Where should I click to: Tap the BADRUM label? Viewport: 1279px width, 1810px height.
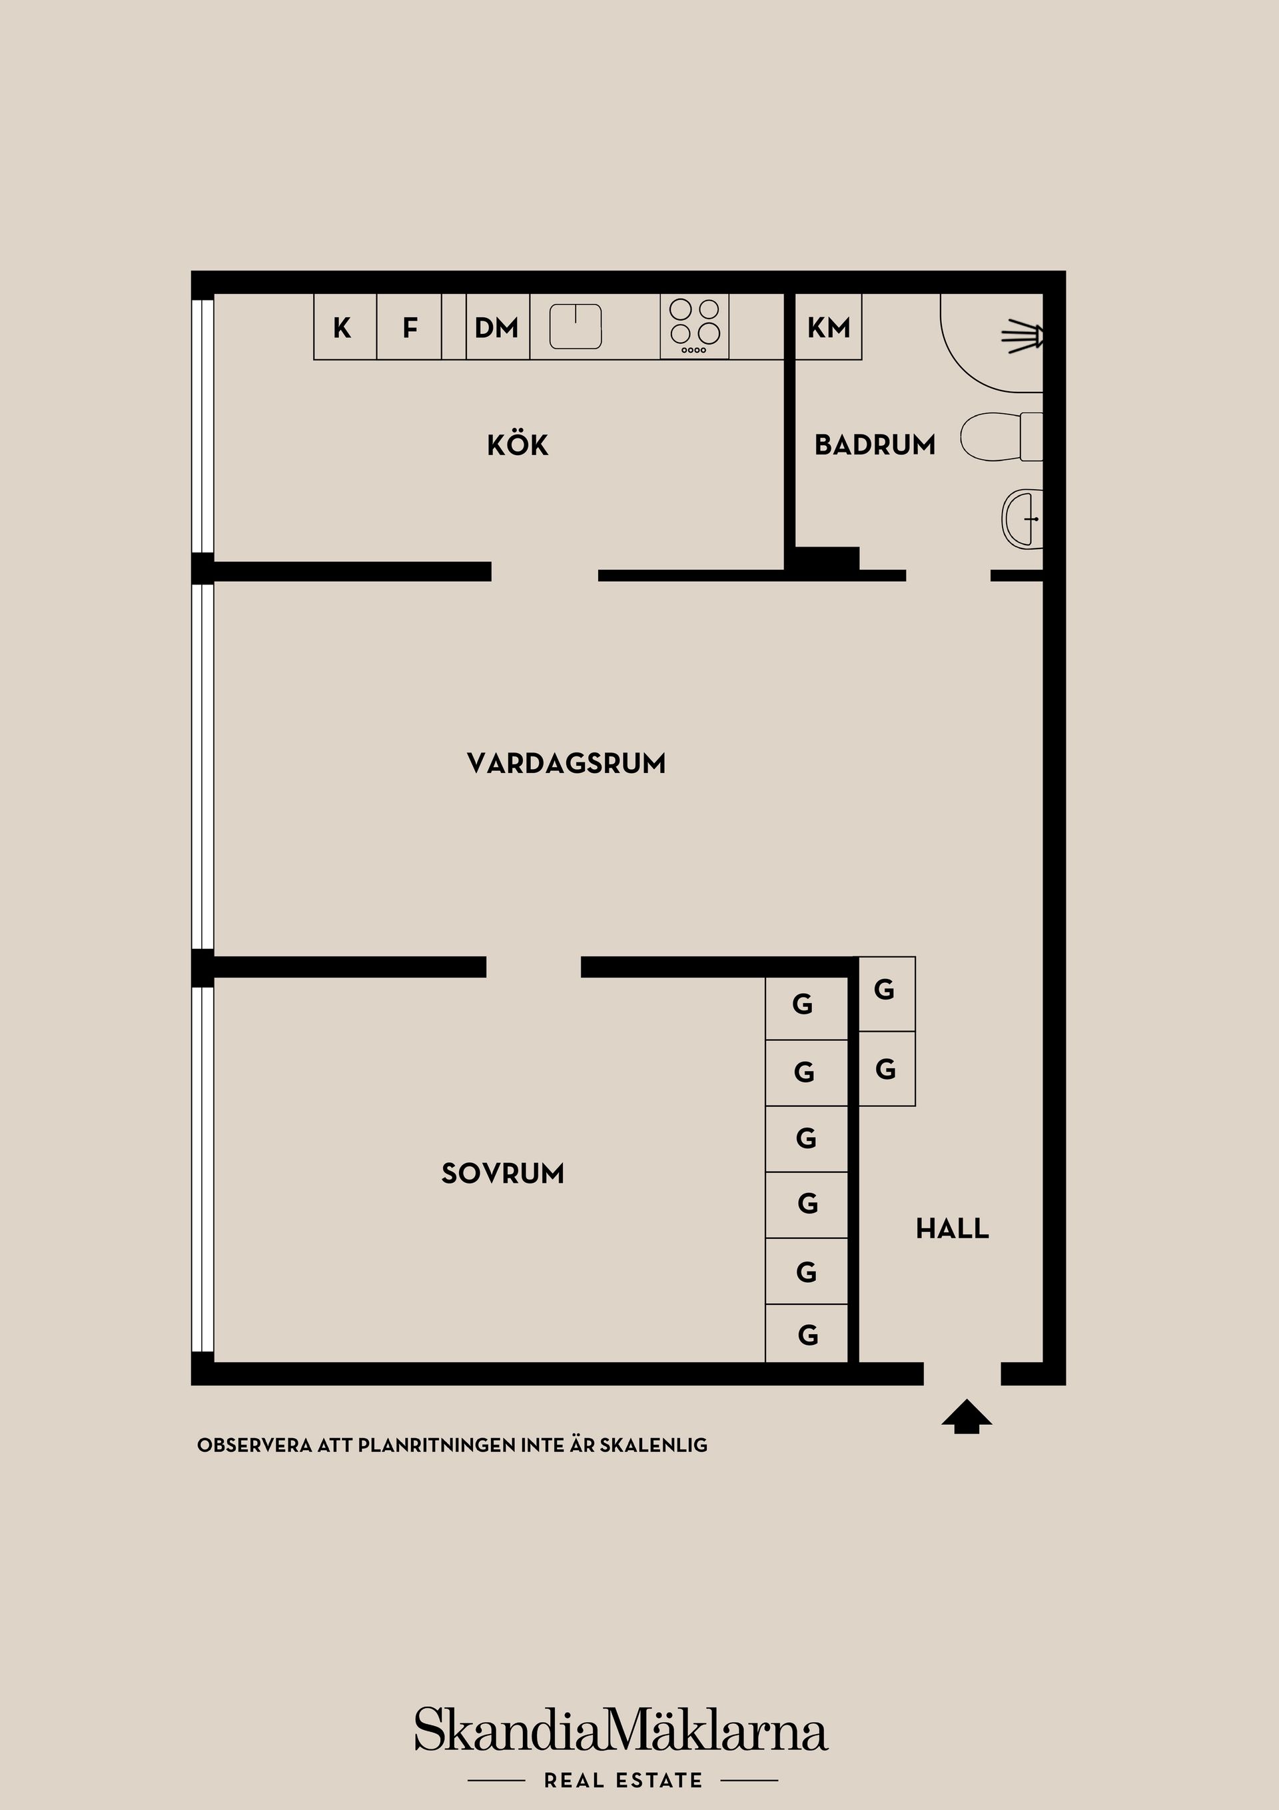pyautogui.click(x=875, y=445)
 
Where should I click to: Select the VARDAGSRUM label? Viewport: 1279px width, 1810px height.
pyautogui.click(x=566, y=763)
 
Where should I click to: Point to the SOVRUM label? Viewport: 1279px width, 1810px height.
pyautogui.click(x=503, y=1174)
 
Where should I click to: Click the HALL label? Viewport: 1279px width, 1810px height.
pyautogui.click(x=952, y=1229)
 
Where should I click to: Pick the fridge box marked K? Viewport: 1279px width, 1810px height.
pyautogui.click(x=345, y=327)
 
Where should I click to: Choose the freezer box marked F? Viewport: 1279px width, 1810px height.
pyautogui.click(x=409, y=327)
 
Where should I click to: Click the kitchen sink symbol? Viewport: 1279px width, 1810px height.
pyautogui.click(x=576, y=327)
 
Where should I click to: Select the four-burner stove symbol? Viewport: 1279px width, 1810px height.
pyautogui.click(x=694, y=327)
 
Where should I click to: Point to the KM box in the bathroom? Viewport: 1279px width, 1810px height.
pyautogui.click(x=827, y=327)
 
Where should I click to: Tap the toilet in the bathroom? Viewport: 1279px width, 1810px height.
pyautogui.click(x=1001, y=436)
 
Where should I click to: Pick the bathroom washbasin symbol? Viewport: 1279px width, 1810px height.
pyautogui.click(x=1022, y=518)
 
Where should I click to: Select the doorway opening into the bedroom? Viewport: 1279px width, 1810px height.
pyautogui.click(x=534, y=967)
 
